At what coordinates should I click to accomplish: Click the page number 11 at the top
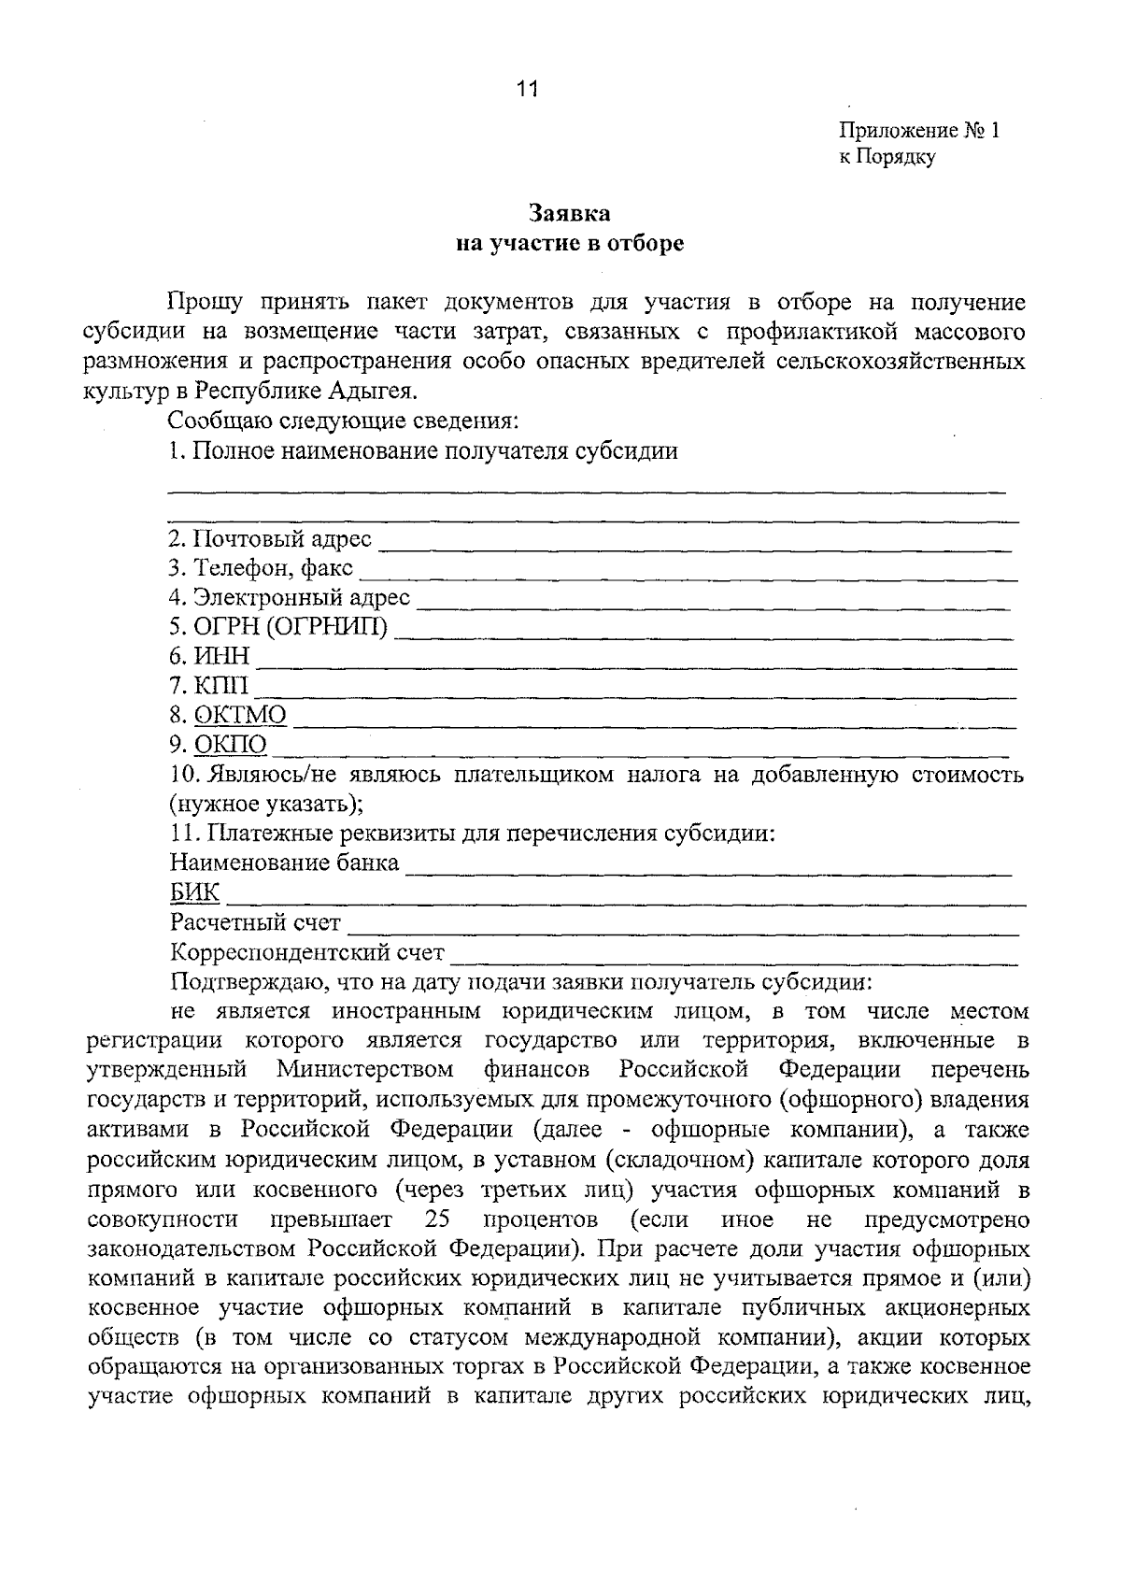pyautogui.click(x=527, y=90)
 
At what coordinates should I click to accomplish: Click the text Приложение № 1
pyautogui.click(x=918, y=131)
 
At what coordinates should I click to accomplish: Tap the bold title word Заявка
pyautogui.click(x=570, y=214)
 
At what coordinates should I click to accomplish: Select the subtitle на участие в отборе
pyautogui.click(x=570, y=244)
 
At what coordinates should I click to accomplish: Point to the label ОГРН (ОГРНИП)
pyautogui.click(x=278, y=626)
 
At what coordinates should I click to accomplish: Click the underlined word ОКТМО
pyautogui.click(x=240, y=716)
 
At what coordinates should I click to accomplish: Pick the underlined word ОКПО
pyautogui.click(x=231, y=746)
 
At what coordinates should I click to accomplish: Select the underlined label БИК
pyautogui.click(x=195, y=893)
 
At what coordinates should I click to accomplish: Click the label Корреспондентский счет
pyautogui.click(x=307, y=953)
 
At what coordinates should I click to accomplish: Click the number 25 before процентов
pyautogui.click(x=438, y=1220)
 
